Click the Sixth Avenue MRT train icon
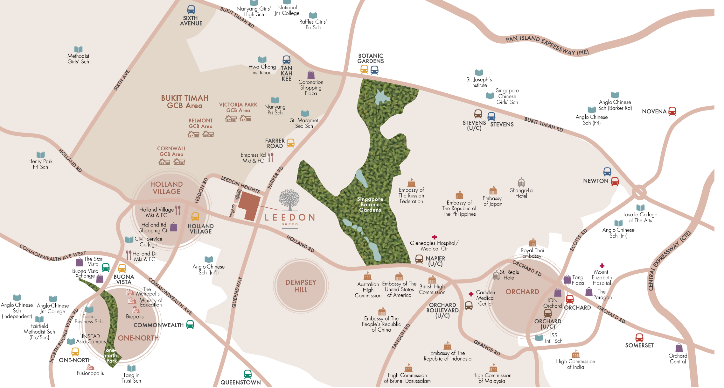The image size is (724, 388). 191,10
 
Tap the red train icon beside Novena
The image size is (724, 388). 672,111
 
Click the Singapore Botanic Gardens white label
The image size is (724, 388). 370,205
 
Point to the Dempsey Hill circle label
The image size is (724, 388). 301,286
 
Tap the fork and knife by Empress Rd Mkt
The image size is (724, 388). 271,157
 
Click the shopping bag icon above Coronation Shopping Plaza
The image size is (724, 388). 311,75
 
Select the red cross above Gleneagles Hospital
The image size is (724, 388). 434,237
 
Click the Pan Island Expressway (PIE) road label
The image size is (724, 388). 547,46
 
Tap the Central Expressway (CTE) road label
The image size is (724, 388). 670,261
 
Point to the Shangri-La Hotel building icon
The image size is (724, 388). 521,183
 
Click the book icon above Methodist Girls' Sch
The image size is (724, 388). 78,49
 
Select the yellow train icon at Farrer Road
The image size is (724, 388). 290,143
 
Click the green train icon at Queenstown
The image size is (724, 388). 247,374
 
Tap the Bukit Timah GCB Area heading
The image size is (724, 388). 184,102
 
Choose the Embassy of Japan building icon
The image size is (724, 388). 493,190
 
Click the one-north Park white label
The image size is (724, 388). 111,356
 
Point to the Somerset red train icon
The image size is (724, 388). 639,338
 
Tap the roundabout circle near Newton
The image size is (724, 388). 639,192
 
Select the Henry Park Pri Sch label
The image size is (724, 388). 40,164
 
